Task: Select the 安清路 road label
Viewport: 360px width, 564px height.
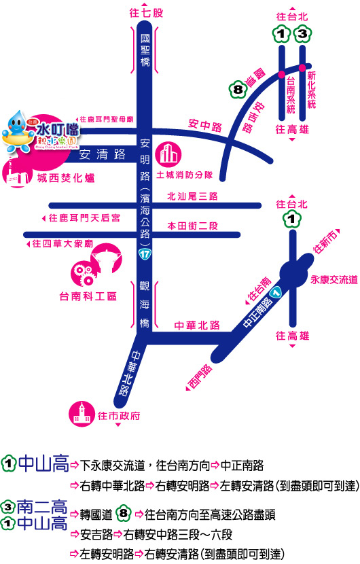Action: [102, 154]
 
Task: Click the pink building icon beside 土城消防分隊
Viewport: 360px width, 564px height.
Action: [167, 154]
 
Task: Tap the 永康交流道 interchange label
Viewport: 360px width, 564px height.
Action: [334, 279]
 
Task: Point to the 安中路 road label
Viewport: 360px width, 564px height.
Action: [204, 125]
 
